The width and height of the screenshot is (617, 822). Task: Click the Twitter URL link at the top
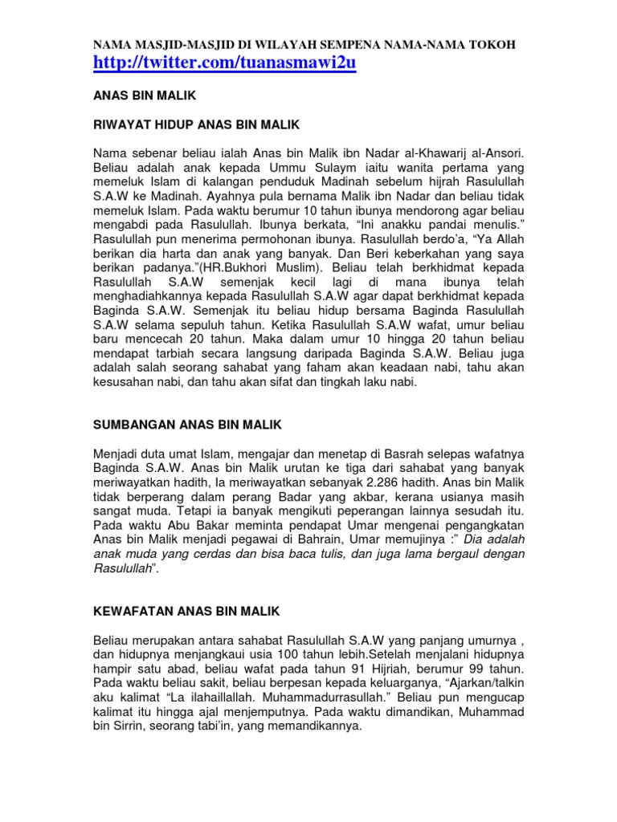click(x=224, y=63)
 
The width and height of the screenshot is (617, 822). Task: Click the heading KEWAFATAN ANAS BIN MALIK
click(x=186, y=611)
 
